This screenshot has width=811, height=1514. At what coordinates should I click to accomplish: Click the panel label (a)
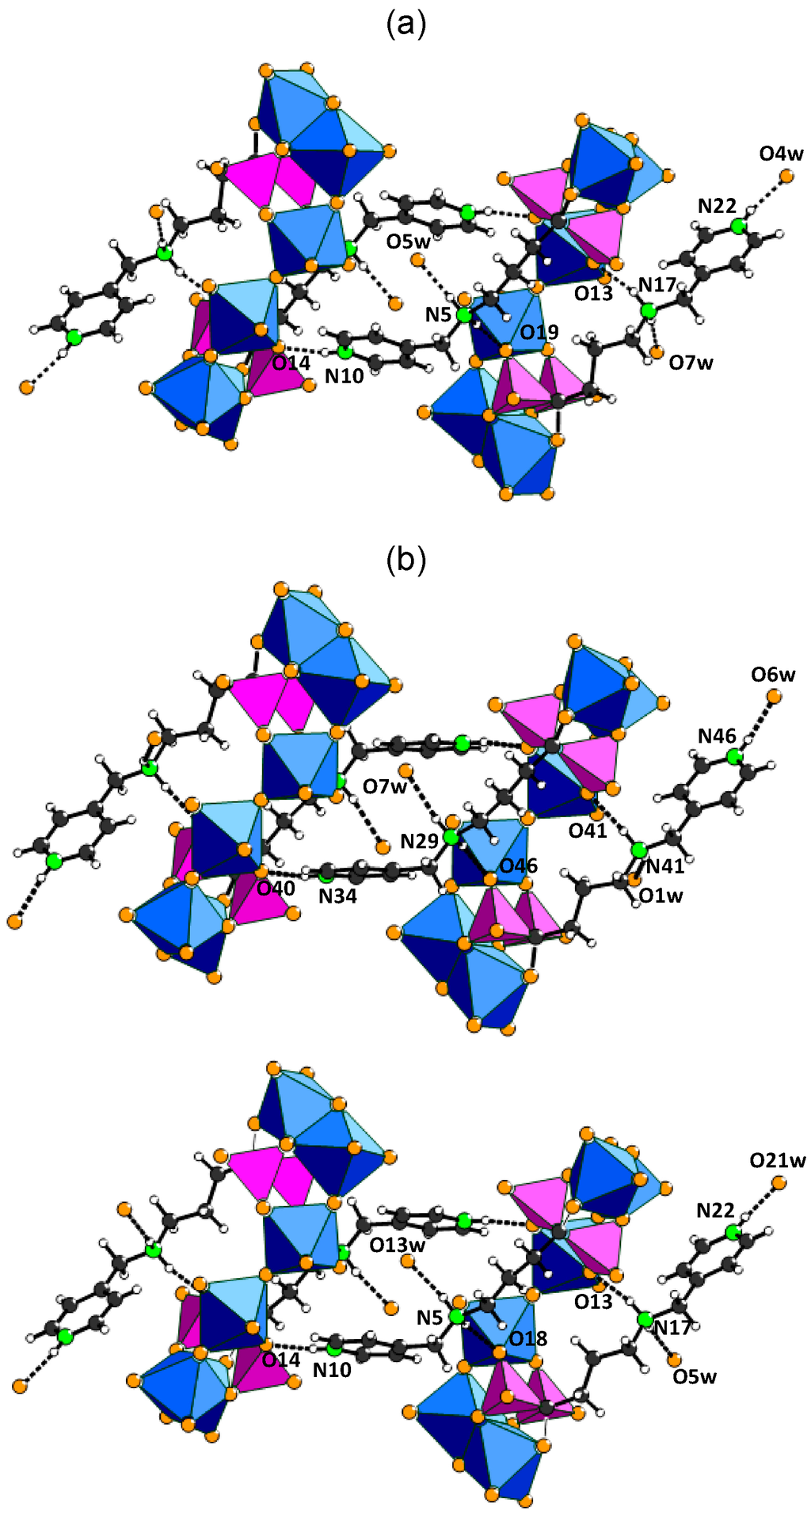(x=405, y=26)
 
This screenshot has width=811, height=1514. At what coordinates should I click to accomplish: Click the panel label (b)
(x=405, y=560)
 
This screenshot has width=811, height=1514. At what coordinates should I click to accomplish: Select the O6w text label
(x=773, y=675)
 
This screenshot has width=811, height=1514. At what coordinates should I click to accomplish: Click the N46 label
(x=717, y=736)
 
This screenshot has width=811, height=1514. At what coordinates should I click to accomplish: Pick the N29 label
(x=419, y=841)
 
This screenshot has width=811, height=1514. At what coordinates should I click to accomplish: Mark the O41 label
(x=587, y=831)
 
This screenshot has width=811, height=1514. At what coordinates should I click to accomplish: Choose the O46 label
(x=518, y=865)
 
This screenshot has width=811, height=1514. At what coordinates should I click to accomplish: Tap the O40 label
(x=276, y=888)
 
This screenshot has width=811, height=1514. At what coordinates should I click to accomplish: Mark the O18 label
(x=528, y=1338)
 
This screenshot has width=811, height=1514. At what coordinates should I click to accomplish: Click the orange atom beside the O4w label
(x=786, y=176)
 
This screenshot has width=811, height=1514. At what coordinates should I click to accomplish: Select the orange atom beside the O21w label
(x=779, y=1183)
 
